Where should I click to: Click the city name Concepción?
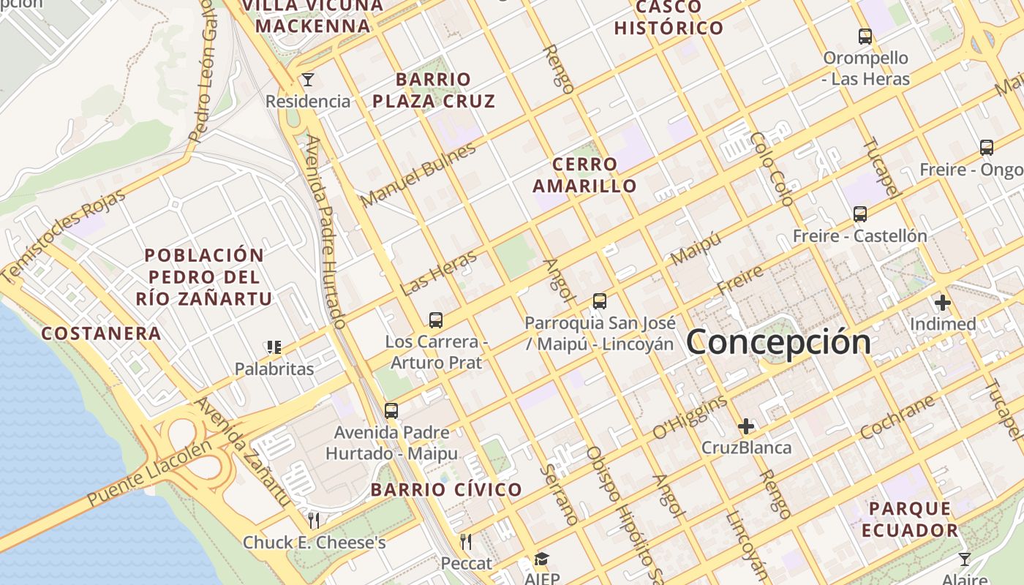coord(778,342)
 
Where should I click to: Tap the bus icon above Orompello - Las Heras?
coord(865,36)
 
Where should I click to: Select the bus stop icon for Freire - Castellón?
coord(860,214)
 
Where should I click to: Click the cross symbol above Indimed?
coord(942,302)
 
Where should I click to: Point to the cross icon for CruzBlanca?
coord(746,426)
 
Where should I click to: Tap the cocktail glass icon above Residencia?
coord(308,79)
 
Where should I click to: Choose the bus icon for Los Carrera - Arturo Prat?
coord(436,320)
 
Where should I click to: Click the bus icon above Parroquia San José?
coord(600,301)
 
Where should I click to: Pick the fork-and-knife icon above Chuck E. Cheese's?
coord(314,520)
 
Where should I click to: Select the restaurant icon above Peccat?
coord(466,541)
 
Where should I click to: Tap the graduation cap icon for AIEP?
coord(541,559)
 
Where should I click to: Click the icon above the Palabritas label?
coord(274,347)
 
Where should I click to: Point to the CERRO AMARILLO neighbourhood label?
coord(584,175)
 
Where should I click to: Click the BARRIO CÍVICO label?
coord(446,490)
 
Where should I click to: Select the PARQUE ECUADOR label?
coord(909,519)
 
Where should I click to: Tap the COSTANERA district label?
coord(101,333)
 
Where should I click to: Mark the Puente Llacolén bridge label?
coord(150,474)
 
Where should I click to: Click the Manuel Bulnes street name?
coord(418,175)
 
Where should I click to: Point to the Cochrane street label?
coord(897,418)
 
